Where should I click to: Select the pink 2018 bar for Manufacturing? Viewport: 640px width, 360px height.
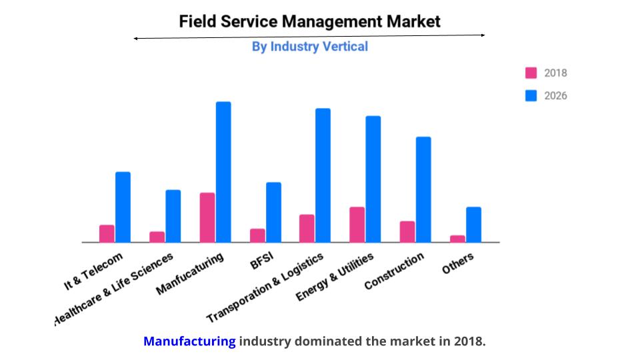pyautogui.click(x=207, y=217)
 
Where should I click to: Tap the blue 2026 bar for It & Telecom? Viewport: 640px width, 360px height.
pyautogui.click(x=123, y=207)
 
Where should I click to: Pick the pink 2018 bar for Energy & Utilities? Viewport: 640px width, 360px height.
pyautogui.click(x=357, y=225)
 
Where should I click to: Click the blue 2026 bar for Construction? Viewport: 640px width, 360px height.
pyautogui.click(x=423, y=189)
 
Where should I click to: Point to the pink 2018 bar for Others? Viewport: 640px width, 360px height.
pyautogui.click(x=457, y=239)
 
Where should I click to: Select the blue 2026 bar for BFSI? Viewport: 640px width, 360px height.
pyautogui.click(x=273, y=212)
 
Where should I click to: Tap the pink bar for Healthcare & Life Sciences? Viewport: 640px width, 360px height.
pyautogui.click(x=157, y=237)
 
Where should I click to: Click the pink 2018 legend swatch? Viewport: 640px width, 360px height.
pyautogui.click(x=531, y=73)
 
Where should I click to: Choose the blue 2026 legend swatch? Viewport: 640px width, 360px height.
pyautogui.click(x=531, y=95)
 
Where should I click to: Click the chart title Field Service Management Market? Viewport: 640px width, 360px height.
pyautogui.click(x=309, y=21)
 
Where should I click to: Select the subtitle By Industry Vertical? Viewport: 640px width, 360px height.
pyautogui.click(x=309, y=47)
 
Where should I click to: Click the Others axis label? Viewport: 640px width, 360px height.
pyautogui.click(x=458, y=263)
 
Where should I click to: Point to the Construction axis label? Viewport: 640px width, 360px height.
pyautogui.click(x=394, y=271)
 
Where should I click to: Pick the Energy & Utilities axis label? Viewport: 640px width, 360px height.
pyautogui.click(x=335, y=276)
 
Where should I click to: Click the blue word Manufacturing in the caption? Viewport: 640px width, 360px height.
pyautogui.click(x=189, y=342)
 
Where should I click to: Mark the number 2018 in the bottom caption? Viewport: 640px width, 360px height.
pyautogui.click(x=468, y=342)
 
